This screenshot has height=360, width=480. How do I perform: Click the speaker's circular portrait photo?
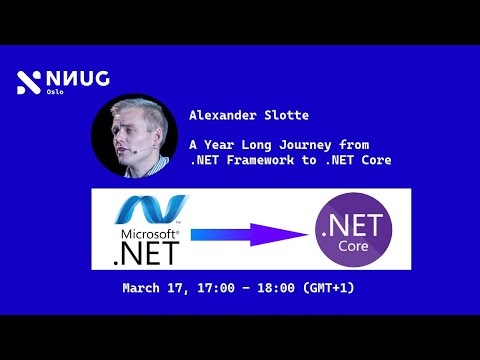pos(127,135)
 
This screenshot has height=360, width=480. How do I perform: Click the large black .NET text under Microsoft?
pos(147,254)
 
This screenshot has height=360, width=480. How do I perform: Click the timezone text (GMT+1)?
pos(326,289)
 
